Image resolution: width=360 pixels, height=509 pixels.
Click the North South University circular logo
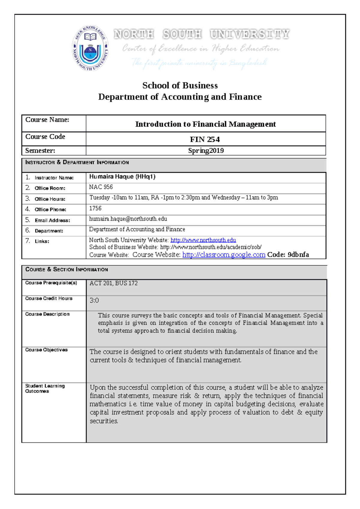click(x=90, y=48)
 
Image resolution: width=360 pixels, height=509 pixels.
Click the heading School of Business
click(x=180, y=85)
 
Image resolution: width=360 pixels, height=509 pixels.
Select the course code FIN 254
click(x=205, y=139)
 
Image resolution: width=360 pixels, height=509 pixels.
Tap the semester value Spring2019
click(x=206, y=150)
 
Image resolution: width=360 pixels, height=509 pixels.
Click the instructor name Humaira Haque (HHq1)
click(x=122, y=177)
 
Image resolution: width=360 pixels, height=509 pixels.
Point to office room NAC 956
click(x=101, y=187)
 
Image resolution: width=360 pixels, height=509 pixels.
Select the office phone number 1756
click(x=95, y=208)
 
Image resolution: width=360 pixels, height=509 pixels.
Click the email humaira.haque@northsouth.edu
click(x=128, y=219)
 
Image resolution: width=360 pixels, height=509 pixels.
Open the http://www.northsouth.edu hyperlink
click(x=203, y=240)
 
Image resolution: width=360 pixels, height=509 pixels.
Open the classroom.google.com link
click(x=224, y=255)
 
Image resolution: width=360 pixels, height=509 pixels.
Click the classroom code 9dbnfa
click(x=298, y=255)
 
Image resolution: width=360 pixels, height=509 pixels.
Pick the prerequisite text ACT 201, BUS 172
click(x=113, y=283)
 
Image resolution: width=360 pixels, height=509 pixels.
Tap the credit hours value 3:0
click(x=94, y=300)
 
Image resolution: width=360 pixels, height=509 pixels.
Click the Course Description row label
click(x=47, y=314)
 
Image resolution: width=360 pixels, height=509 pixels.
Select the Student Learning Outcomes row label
click(x=45, y=388)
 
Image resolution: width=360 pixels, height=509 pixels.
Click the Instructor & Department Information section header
click(x=77, y=162)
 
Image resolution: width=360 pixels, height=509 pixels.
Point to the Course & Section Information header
click(x=67, y=269)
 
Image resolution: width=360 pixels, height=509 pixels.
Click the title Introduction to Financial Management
click(x=205, y=124)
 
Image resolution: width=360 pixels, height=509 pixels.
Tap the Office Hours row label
click(x=50, y=199)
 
